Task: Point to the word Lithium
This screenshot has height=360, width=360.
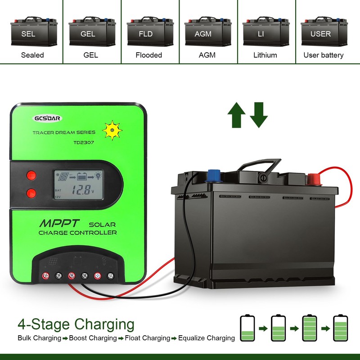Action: point(265,55)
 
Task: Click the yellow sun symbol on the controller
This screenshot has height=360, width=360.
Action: point(112,130)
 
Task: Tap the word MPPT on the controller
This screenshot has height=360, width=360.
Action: point(59,223)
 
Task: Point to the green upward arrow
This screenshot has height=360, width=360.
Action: point(236,115)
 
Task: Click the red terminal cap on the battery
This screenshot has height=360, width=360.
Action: point(312,180)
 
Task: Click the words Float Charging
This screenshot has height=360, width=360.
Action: point(148,338)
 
